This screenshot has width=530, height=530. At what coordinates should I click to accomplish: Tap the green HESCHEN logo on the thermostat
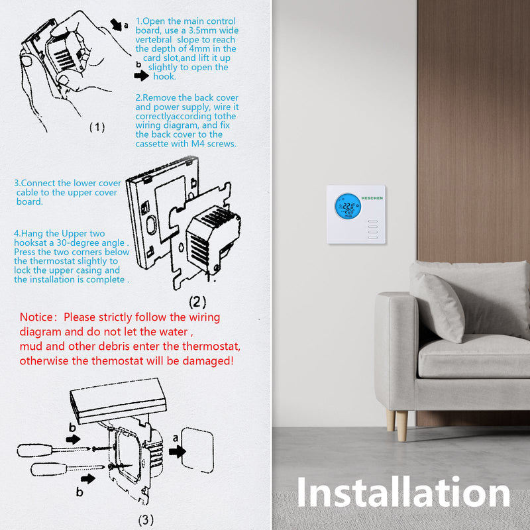point(372,198)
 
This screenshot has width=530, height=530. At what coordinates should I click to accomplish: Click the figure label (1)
point(97,127)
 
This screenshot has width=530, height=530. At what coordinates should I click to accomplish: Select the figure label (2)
point(197,302)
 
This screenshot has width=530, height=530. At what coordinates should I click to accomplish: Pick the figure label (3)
point(146,519)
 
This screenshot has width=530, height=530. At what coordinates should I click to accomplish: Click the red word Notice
point(36,317)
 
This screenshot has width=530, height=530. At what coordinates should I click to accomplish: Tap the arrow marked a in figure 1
point(116,25)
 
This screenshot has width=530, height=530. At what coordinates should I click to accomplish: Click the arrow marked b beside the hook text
point(141,76)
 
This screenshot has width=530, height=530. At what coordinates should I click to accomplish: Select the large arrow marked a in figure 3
point(177,452)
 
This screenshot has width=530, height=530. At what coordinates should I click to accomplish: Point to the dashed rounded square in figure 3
point(197,450)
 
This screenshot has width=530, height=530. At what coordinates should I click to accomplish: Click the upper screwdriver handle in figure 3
point(35,450)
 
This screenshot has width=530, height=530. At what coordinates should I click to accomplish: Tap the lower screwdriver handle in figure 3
point(48,469)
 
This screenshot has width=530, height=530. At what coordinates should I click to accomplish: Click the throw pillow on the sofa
point(437,307)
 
